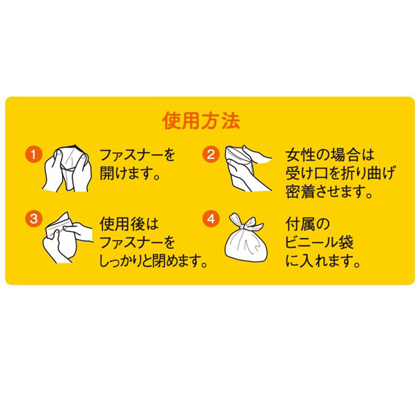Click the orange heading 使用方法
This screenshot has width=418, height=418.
click(201, 121)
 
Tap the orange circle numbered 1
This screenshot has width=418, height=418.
click(34, 154)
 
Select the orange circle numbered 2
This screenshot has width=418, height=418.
click(210, 154)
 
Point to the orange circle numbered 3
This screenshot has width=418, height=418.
click(34, 219)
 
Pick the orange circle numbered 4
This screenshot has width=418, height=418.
click(210, 219)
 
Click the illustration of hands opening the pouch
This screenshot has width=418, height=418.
click(68, 168)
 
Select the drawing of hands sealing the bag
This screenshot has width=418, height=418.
click(68, 238)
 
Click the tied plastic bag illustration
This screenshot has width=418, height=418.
click(245, 238)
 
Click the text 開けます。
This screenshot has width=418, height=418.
click(130, 173)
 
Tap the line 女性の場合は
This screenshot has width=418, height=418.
click(330, 155)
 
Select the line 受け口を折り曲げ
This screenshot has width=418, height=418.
click(340, 173)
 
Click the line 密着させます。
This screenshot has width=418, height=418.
click(329, 192)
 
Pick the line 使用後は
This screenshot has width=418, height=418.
click(129, 224)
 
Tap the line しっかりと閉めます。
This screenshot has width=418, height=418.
click(153, 261)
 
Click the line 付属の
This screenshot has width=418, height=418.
click(308, 224)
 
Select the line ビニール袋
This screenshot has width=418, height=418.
click(319, 242)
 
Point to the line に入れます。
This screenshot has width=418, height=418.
click(323, 261)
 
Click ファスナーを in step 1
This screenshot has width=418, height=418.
click(137, 155)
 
